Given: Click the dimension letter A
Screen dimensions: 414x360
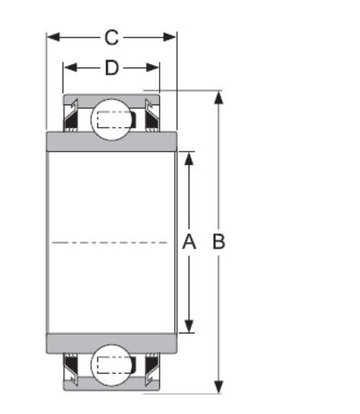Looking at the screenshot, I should pyautogui.click(x=189, y=242).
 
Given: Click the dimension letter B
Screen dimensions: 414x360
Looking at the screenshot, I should pyautogui.click(x=218, y=242).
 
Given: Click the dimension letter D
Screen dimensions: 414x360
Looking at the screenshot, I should pyautogui.click(x=111, y=68).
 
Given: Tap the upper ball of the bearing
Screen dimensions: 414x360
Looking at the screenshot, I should pyautogui.click(x=111, y=118).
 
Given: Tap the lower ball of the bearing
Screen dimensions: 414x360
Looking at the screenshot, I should pyautogui.click(x=111, y=365).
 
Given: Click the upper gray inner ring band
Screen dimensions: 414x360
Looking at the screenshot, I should pyautogui.click(x=111, y=141).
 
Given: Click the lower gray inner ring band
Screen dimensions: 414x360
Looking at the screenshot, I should pyautogui.click(x=111, y=344).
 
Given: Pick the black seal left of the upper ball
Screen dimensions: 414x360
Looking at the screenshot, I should pyautogui.click(x=73, y=120).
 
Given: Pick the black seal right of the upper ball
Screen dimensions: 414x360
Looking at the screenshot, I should pyautogui.click(x=150, y=120).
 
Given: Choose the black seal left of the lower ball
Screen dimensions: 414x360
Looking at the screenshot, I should pyautogui.click(x=73, y=365).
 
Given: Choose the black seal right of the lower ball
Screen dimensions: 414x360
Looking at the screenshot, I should pyautogui.click(x=150, y=365).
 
